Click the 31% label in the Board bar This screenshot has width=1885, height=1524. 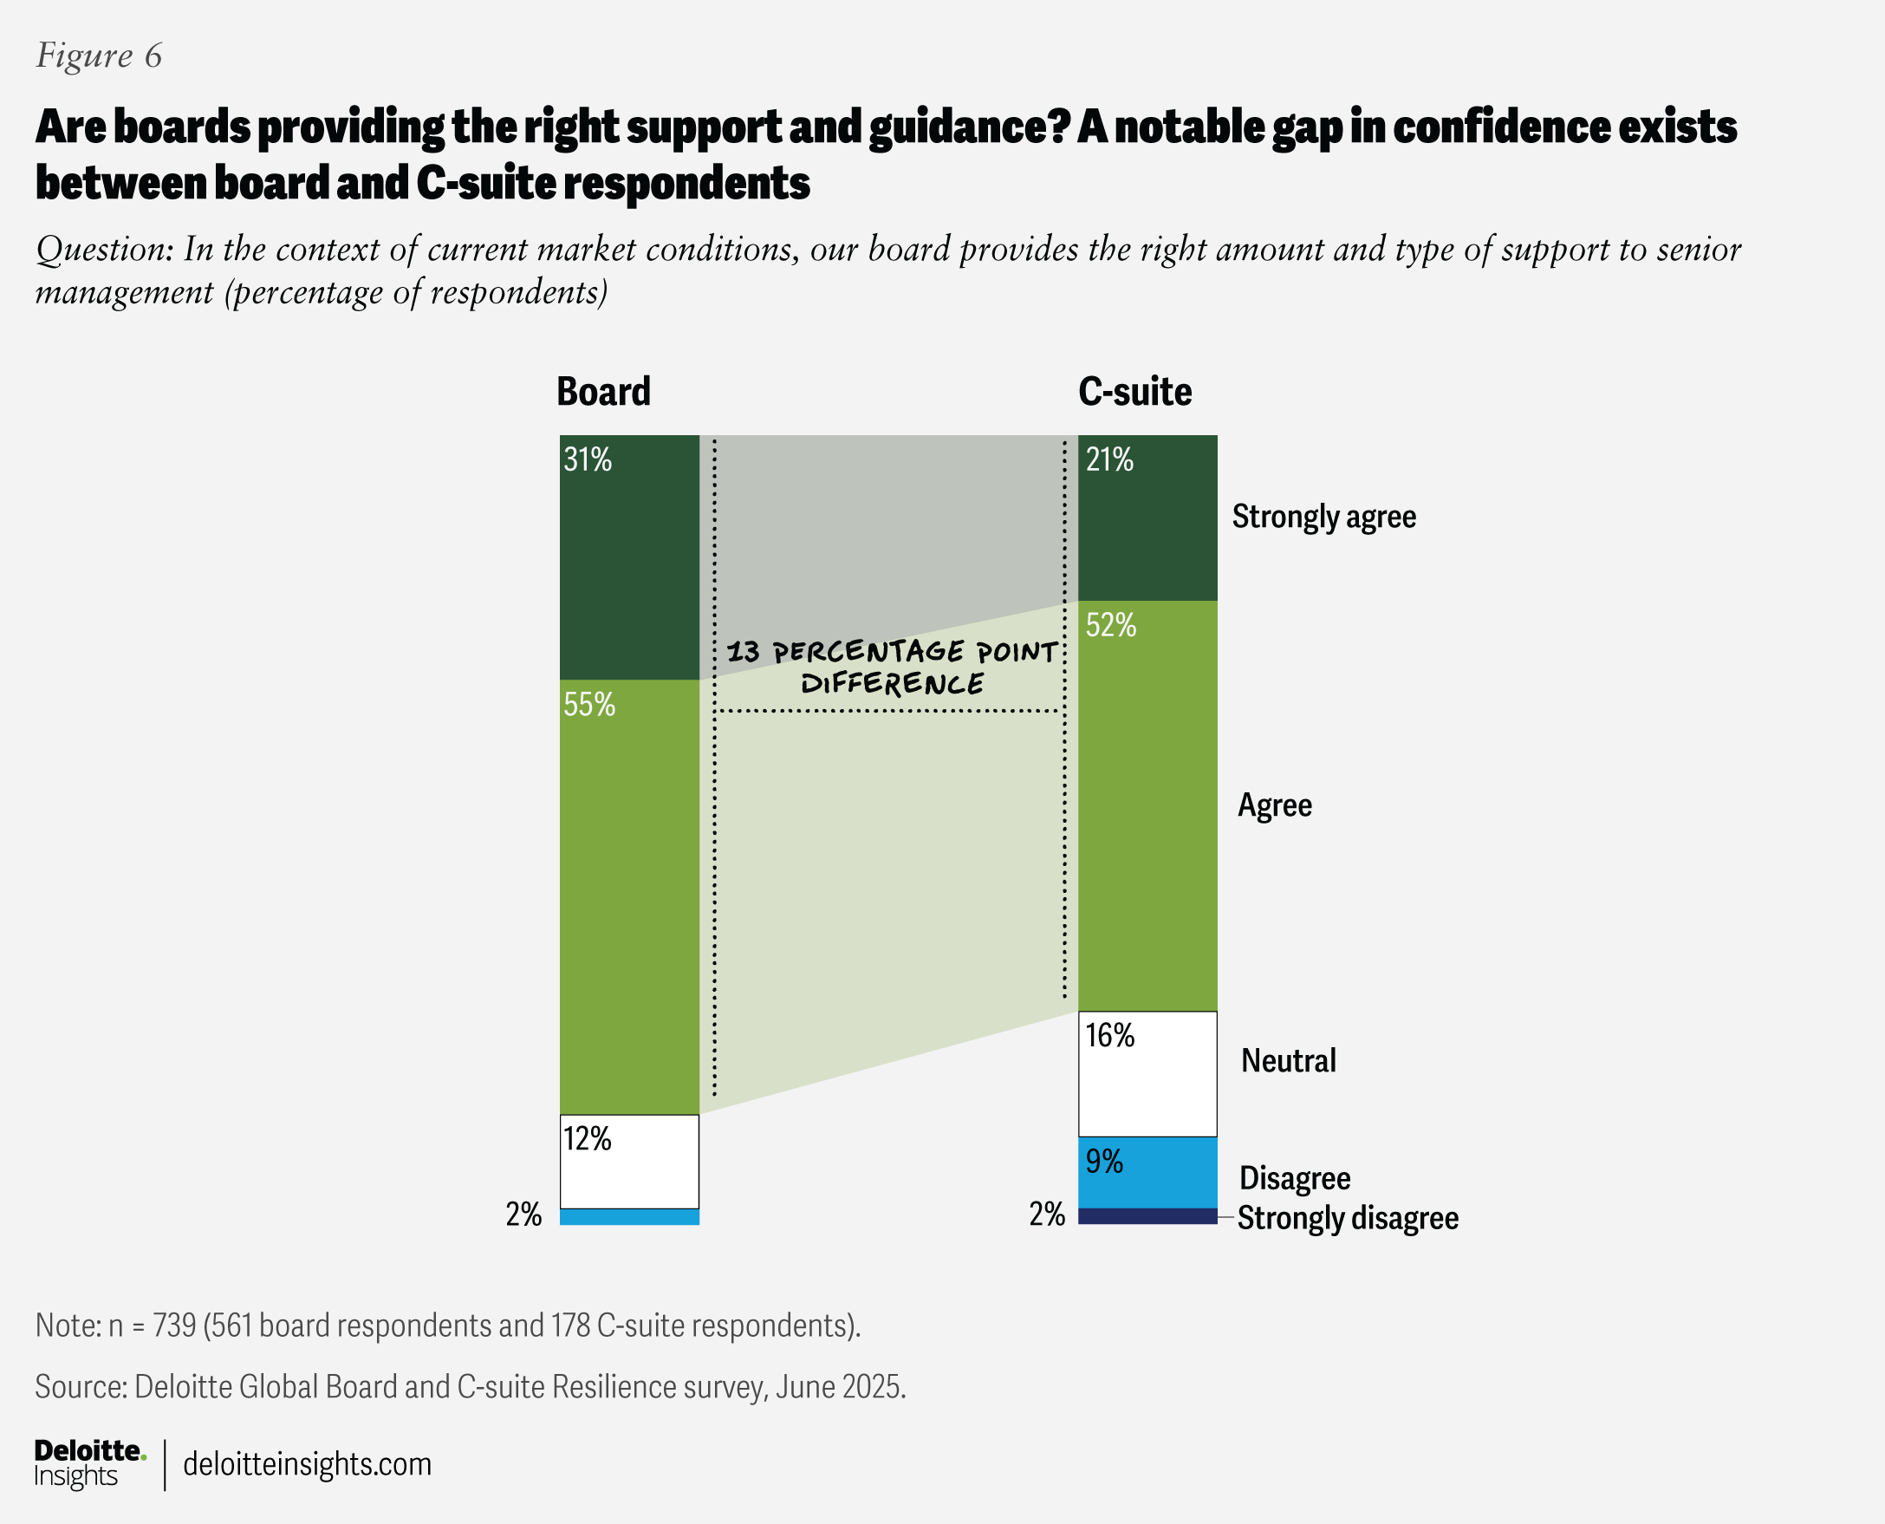pos(587,460)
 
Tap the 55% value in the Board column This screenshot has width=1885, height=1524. pos(588,705)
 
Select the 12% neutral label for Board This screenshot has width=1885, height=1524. pos(587,1139)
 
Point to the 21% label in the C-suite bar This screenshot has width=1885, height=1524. pos(1109,460)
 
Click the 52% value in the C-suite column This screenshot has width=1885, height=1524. pos(1110,625)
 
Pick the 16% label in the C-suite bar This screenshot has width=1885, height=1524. pos(1109,1036)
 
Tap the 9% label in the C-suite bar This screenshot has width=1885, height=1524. pos(1104,1162)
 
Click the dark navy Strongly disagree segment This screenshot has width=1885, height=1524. pos(1147,1216)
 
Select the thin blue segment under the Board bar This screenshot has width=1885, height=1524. pos(629,1217)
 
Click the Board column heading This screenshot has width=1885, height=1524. pos(604,392)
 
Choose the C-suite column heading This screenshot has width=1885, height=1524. pos(1134,392)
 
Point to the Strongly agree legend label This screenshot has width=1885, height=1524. pos(1323,516)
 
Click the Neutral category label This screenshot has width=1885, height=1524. pos(1288,1060)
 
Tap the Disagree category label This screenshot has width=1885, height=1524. pos(1295,1178)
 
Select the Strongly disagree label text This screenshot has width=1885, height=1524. pos(1348,1219)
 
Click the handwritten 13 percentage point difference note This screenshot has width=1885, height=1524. pos(892,668)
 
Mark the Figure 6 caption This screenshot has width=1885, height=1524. pos(98,55)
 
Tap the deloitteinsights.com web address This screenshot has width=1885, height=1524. pos(307,1464)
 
